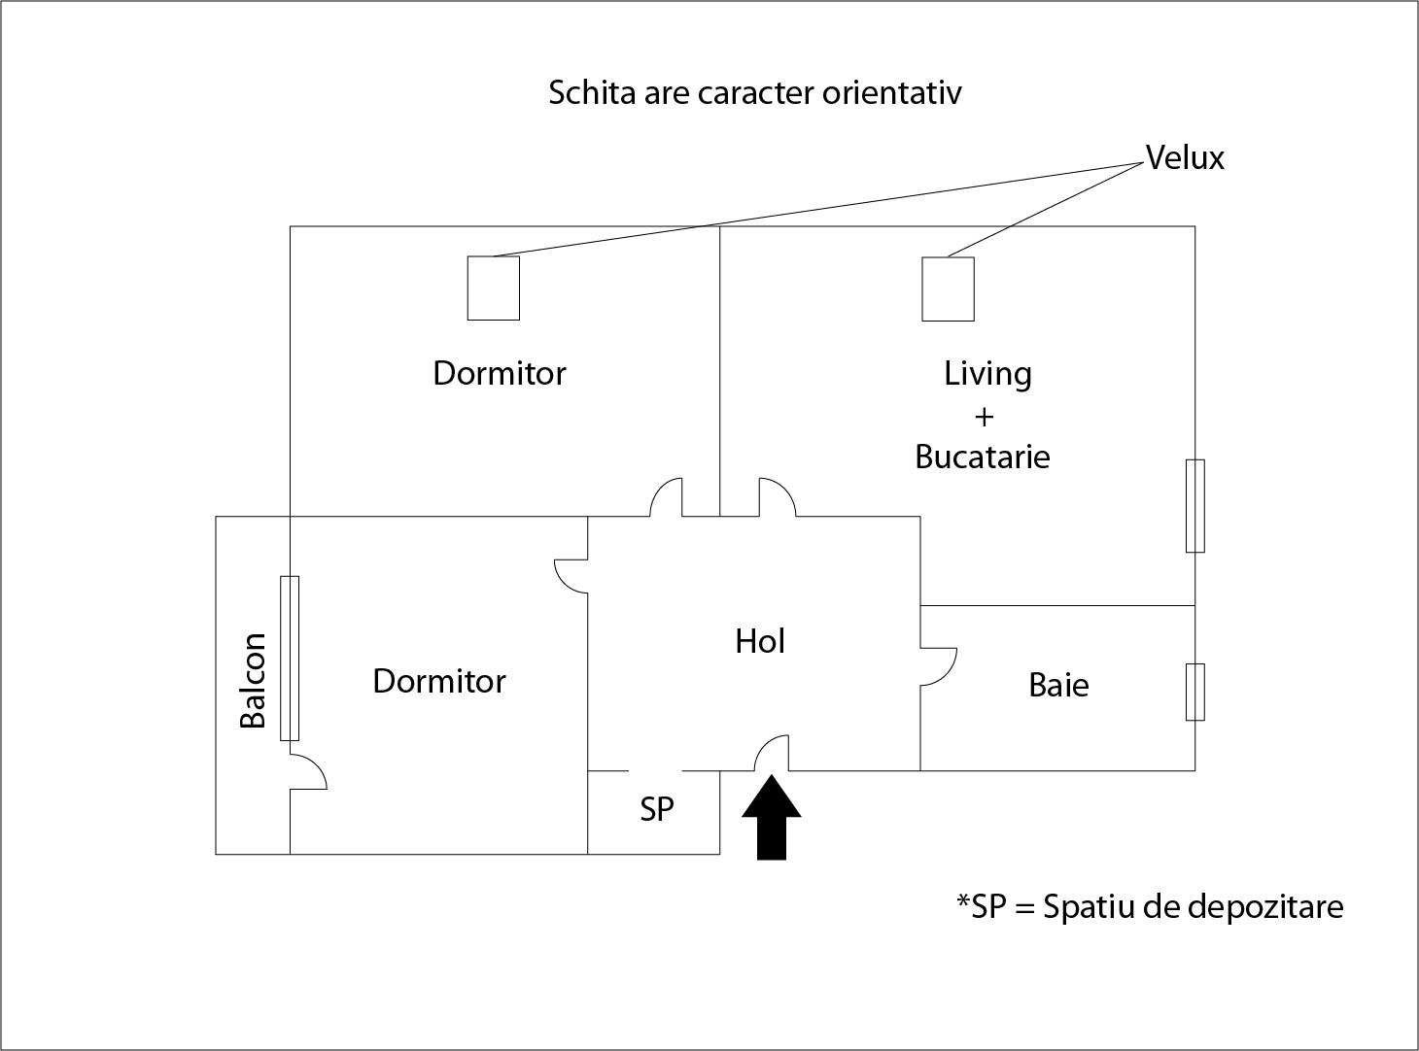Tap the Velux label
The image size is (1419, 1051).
coord(1185,157)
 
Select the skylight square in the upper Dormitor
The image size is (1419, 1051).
coord(494,288)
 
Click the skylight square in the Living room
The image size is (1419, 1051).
coord(948,288)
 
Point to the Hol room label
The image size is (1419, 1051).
coord(760,641)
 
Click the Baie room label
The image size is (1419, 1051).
coord(1058,685)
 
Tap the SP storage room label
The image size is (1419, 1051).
coord(657,809)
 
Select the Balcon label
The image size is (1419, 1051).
coord(253,679)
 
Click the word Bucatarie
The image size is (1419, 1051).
coord(983,457)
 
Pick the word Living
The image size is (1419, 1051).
coord(987,373)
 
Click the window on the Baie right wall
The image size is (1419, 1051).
coord(1195,692)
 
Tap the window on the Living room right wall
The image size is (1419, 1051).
coord(1195,505)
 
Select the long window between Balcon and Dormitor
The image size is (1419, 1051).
coord(290,658)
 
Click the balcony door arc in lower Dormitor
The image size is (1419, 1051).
coord(309,771)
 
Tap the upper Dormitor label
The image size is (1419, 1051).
coord(500,373)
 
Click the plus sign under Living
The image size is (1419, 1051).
coord(984,417)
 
